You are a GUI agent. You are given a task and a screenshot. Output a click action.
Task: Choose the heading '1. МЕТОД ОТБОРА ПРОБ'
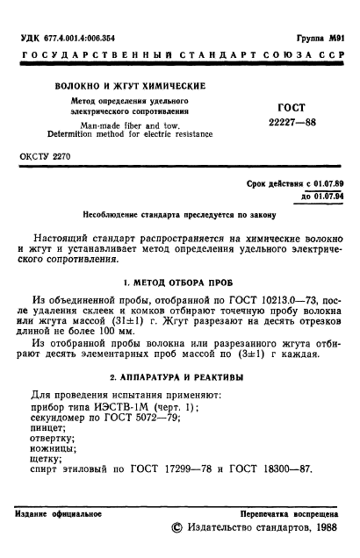(178, 284)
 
